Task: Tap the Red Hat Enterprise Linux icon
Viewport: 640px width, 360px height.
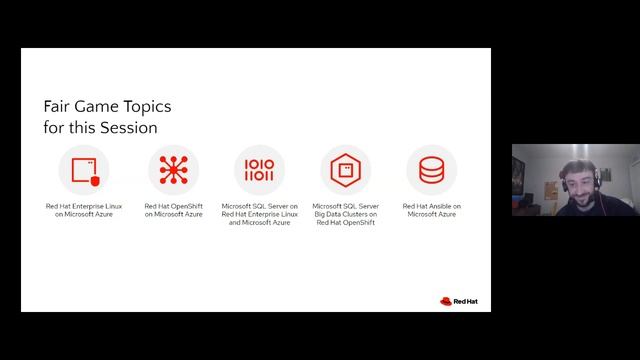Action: pos(83,170)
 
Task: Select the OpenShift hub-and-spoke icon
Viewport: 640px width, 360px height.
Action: pos(173,170)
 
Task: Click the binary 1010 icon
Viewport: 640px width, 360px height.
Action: pos(259,170)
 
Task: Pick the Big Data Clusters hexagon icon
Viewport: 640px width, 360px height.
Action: pos(345,170)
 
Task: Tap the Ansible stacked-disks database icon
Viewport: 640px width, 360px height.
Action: pos(431,170)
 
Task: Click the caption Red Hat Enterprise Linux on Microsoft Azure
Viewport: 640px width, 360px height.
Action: pos(84,210)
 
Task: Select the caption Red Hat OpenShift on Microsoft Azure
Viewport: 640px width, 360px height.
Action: pos(173,210)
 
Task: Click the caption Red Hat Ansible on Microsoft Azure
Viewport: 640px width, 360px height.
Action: pos(431,210)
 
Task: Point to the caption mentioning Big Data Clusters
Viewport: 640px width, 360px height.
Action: pos(345,214)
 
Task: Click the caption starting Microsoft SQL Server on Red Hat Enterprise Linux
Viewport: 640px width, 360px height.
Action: pos(259,214)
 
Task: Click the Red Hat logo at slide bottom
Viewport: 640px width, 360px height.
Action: pos(459,299)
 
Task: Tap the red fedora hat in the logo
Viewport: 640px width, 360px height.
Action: pos(445,299)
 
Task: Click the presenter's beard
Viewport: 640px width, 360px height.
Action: pos(579,195)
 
